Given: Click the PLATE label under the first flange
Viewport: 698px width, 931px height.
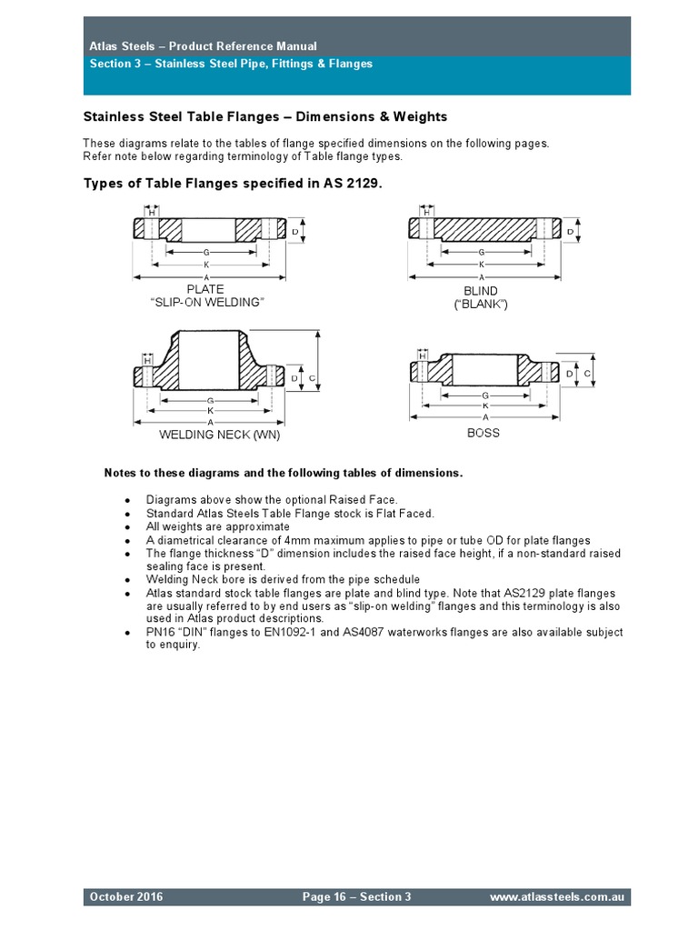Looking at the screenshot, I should pyautogui.click(x=205, y=290).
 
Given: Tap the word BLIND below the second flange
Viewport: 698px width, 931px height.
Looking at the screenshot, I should pyautogui.click(x=481, y=292).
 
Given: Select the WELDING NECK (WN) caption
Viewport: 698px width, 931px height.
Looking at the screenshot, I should pyautogui.click(x=220, y=435).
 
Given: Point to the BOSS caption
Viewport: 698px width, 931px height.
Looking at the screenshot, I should pyautogui.click(x=484, y=433).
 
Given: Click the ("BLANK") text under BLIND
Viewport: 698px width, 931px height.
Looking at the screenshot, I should pyautogui.click(x=481, y=305).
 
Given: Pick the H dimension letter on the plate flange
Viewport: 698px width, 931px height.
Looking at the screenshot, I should pyautogui.click(x=151, y=212).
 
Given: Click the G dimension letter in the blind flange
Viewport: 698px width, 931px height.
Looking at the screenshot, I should pyautogui.click(x=481, y=252).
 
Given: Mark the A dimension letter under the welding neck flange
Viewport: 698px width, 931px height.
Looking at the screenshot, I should pyautogui.click(x=210, y=423).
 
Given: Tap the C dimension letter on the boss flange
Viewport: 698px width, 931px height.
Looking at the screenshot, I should pyautogui.click(x=587, y=373).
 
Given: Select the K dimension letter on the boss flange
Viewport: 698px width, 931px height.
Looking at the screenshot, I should pyautogui.click(x=485, y=406).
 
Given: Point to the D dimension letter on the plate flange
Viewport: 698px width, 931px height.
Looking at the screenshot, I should pyautogui.click(x=296, y=232).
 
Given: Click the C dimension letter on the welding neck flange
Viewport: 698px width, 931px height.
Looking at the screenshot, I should pyautogui.click(x=311, y=376).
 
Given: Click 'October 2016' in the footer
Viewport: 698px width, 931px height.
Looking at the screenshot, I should pyautogui.click(x=126, y=897).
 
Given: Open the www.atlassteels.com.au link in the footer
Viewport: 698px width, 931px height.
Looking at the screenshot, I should pyautogui.click(x=556, y=897).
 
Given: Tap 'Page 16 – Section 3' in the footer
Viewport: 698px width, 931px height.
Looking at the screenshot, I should pyautogui.click(x=356, y=897).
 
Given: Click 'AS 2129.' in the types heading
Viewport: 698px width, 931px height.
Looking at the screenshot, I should pyautogui.click(x=353, y=183).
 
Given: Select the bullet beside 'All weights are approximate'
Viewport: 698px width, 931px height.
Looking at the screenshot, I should pyautogui.click(x=127, y=526).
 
